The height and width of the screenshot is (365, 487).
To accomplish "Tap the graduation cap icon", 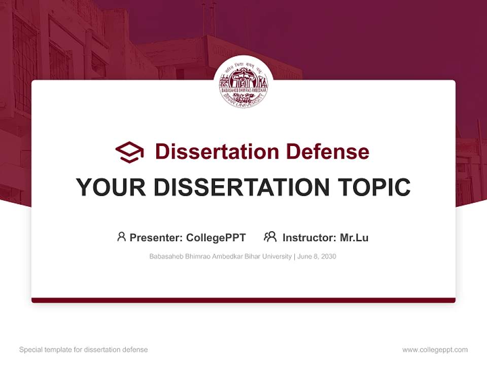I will tap(129, 152).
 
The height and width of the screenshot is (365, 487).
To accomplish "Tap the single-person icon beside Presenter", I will tap(121, 237).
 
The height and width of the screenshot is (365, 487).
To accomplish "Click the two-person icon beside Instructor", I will tap(270, 237).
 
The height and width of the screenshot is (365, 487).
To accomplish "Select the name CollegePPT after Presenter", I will tap(216, 237).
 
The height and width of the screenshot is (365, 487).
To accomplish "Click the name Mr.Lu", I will tap(354, 237).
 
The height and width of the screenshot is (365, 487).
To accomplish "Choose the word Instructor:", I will tap(309, 237).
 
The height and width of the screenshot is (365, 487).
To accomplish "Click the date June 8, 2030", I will tap(317, 257).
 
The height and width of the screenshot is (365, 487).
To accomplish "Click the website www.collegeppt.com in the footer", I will tap(435, 350).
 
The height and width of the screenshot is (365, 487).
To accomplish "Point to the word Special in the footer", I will tap(30, 350).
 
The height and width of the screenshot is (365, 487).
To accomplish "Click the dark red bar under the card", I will tap(243, 300).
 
